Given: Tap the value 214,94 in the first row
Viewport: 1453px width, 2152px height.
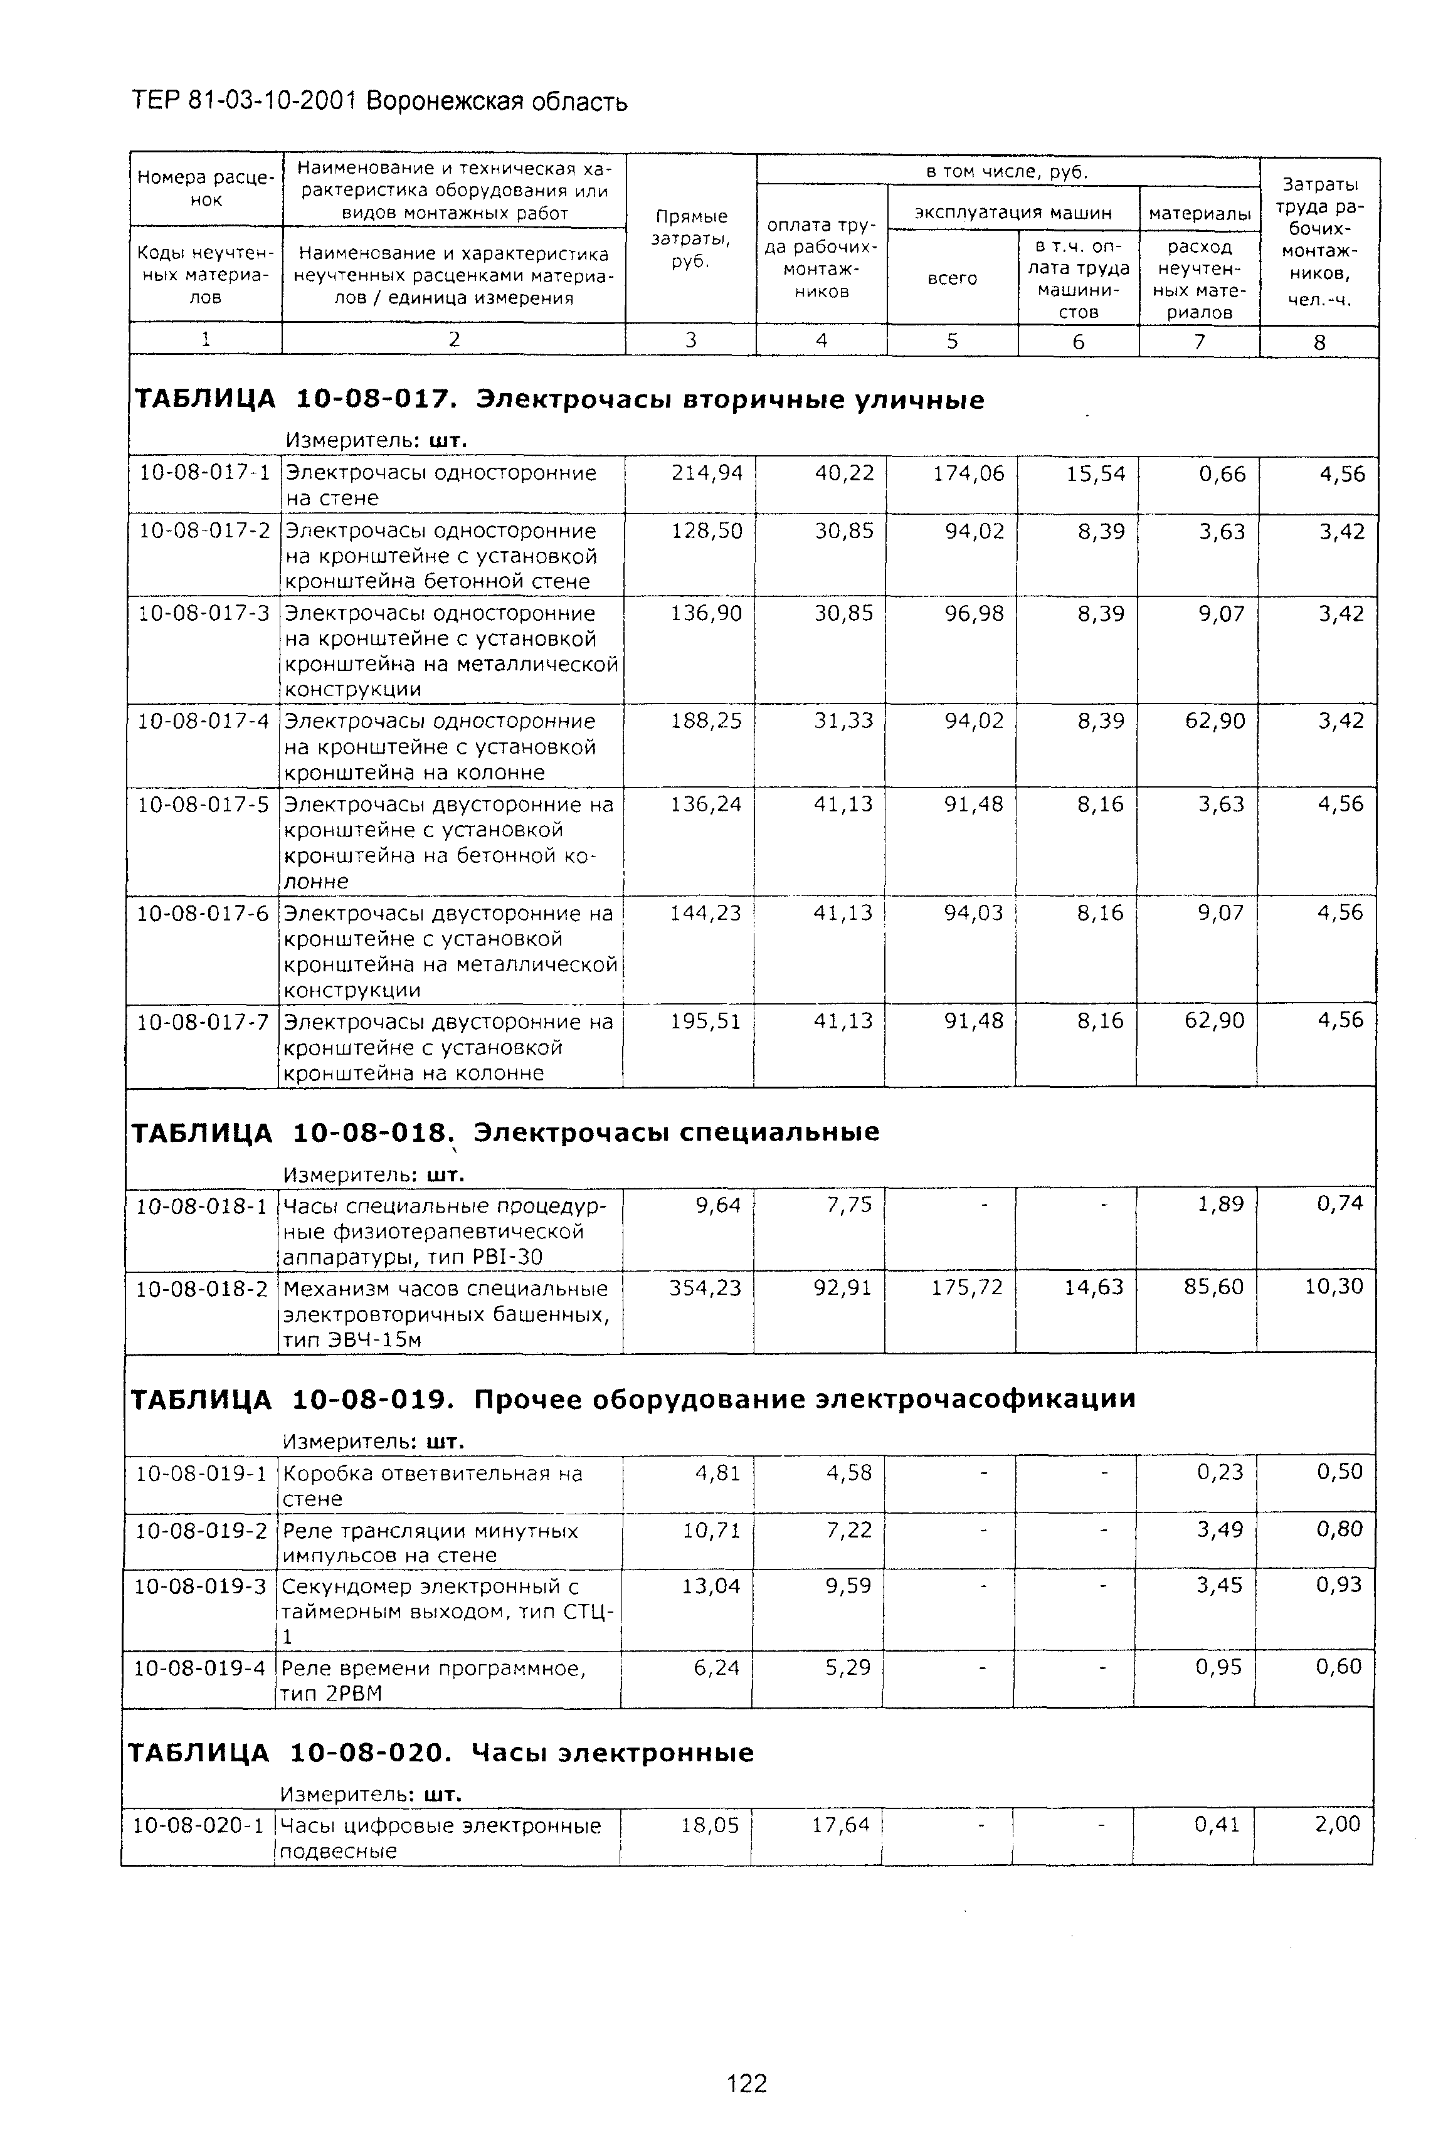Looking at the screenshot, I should coord(707,473).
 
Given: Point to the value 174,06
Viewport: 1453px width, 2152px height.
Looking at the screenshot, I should coord(968,474).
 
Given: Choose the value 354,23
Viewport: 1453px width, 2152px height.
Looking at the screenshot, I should coord(705,1288).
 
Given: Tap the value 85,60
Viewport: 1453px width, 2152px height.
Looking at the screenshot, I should coord(1213,1287).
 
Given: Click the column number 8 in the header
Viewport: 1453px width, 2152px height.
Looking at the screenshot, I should coord(1319,342).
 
